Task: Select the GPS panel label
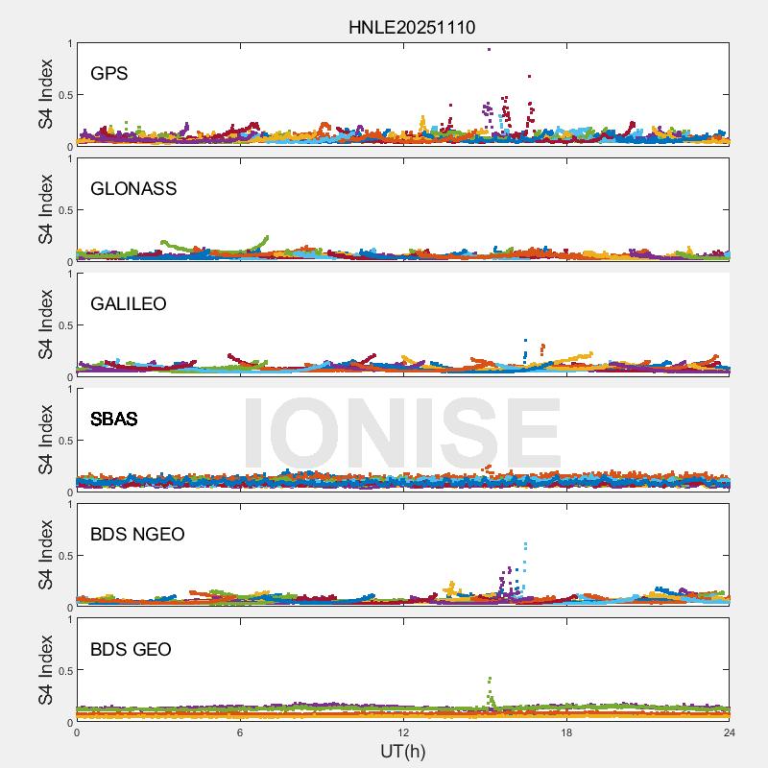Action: click(x=109, y=74)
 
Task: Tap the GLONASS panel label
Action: click(x=133, y=189)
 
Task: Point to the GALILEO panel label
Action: click(x=129, y=304)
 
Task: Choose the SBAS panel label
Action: click(x=114, y=420)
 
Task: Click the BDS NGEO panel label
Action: click(x=137, y=535)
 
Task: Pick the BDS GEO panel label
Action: click(x=131, y=650)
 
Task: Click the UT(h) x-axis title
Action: click(x=403, y=751)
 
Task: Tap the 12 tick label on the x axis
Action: click(x=403, y=732)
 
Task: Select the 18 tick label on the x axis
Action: click(x=566, y=732)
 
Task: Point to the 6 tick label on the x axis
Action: click(x=240, y=732)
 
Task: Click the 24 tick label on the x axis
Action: click(x=730, y=732)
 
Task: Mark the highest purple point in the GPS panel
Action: click(x=489, y=49)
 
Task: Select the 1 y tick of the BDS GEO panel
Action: click(x=69, y=619)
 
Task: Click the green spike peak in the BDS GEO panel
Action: click(x=490, y=679)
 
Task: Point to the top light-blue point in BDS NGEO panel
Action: click(x=525, y=545)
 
